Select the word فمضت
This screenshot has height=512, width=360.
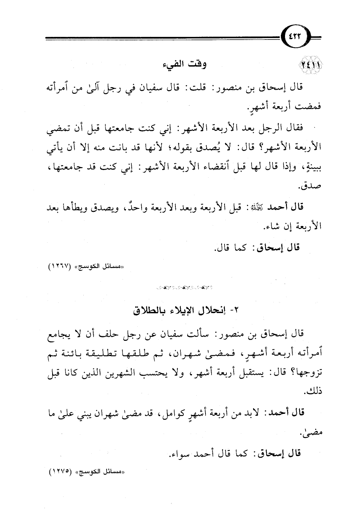pos(311,107)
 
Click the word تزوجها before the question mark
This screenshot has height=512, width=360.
pos(304,371)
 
